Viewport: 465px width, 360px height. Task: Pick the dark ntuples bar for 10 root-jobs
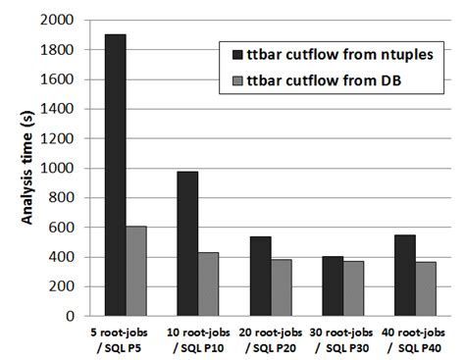pyautogui.click(x=187, y=244)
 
